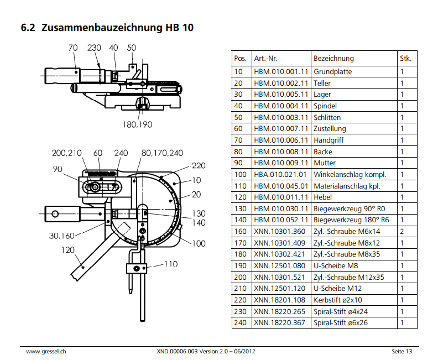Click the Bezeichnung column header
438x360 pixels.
[333, 59]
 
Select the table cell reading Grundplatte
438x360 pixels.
[333, 72]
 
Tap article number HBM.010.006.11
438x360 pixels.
[281, 140]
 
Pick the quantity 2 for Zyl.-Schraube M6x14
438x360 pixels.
[402, 232]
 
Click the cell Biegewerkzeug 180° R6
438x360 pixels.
[351, 220]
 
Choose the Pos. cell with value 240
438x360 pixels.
[240, 323]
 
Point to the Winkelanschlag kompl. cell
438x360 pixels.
[350, 175]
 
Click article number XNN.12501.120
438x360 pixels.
[279, 289]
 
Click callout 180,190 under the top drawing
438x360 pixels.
[138, 124]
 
